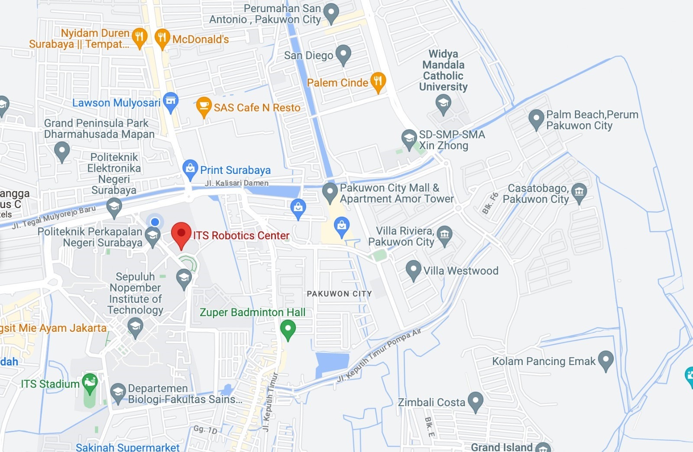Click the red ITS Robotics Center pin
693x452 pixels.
pyautogui.click(x=181, y=234)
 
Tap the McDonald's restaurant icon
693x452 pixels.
pyautogui.click(x=162, y=38)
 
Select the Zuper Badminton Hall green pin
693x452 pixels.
pyautogui.click(x=288, y=329)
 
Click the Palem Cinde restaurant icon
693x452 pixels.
pyautogui.click(x=378, y=81)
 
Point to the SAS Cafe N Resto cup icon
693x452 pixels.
pyautogui.click(x=204, y=106)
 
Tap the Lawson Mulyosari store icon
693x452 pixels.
pyautogui.click(x=171, y=102)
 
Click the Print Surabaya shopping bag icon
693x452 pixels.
pyautogui.click(x=190, y=169)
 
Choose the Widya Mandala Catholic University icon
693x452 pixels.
pyautogui.click(x=443, y=104)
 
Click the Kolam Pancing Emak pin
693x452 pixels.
pyautogui.click(x=606, y=360)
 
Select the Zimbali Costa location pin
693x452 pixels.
pyautogui.click(x=476, y=401)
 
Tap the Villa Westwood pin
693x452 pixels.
pyautogui.click(x=413, y=269)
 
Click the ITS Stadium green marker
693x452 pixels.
pyautogui.click(x=90, y=382)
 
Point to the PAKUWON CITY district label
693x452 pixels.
pyautogui.click(x=339, y=294)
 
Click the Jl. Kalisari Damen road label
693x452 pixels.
pyautogui.click(x=236, y=183)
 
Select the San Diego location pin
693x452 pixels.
pyautogui.click(x=343, y=54)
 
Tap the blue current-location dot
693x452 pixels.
pyautogui.click(x=155, y=222)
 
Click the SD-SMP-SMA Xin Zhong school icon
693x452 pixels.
pyautogui.click(x=409, y=138)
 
